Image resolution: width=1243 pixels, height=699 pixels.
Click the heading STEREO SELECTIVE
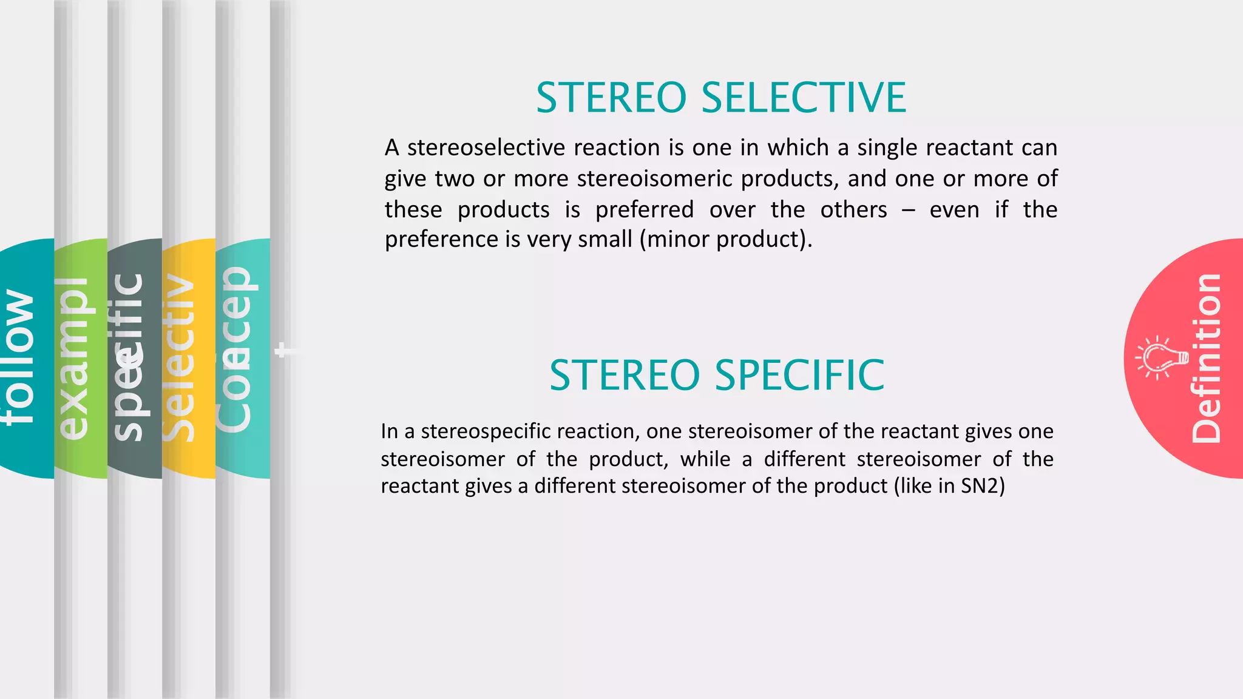(x=721, y=98)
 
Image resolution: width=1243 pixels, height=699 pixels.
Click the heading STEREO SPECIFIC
(x=717, y=375)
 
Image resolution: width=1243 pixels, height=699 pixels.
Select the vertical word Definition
(x=1206, y=358)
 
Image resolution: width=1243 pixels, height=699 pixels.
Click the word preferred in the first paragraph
(x=645, y=210)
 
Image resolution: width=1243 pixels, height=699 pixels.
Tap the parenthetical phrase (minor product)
(x=726, y=239)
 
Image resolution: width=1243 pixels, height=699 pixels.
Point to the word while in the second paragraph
(x=705, y=459)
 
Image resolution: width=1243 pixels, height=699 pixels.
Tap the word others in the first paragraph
(x=853, y=210)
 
